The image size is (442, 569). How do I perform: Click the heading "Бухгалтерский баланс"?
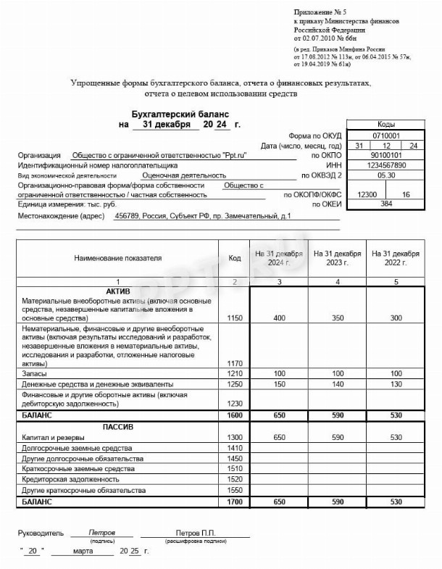click(180, 115)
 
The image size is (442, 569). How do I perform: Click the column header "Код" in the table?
click(235, 258)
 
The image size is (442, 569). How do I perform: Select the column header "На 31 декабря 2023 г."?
click(337, 258)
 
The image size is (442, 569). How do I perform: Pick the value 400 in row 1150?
click(279, 319)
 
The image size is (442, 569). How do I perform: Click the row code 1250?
click(235, 383)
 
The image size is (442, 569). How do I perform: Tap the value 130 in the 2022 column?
click(396, 383)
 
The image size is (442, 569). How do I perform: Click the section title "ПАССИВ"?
click(119, 427)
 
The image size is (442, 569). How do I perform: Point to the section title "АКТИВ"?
click(119, 291)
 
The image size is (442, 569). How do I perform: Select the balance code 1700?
click(235, 501)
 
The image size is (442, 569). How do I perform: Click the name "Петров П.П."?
click(195, 533)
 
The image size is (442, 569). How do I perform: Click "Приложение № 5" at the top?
click(320, 13)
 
